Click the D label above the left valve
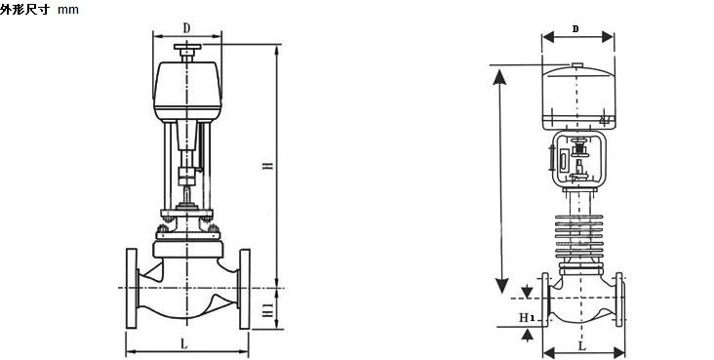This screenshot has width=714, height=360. [x=186, y=28]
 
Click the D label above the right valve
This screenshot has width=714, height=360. [x=575, y=29]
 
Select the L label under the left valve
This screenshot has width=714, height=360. [x=184, y=344]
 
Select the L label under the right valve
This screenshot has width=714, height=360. [x=582, y=346]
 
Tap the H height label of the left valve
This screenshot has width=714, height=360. [x=268, y=166]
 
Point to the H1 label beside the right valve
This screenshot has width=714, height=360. [x=527, y=317]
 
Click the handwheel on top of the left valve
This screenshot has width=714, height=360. [x=187, y=47]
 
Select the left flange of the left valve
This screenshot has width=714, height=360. [x=132, y=289]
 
